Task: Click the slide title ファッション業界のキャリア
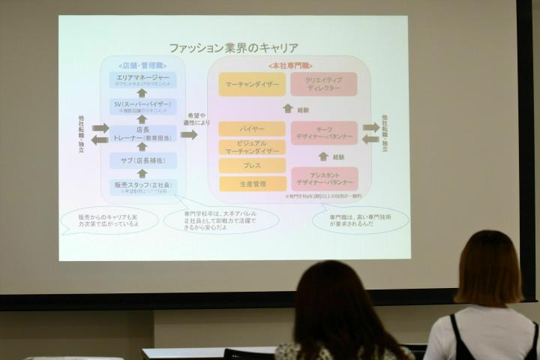click(233, 47)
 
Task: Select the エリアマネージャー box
click(142, 80)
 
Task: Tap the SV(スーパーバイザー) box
click(142, 106)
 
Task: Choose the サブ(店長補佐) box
click(142, 160)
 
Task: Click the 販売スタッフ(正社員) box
click(142, 186)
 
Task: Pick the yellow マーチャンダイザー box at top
click(252, 84)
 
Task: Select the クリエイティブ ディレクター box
click(324, 84)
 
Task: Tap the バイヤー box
click(252, 129)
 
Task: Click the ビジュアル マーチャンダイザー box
click(252, 147)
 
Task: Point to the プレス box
click(252, 165)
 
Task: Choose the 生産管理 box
click(252, 183)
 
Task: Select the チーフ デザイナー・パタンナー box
click(324, 133)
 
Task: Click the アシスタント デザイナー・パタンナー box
click(324, 178)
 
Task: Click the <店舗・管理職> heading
click(142, 65)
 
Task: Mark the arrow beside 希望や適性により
click(189, 135)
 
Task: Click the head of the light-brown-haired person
click(488, 266)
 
